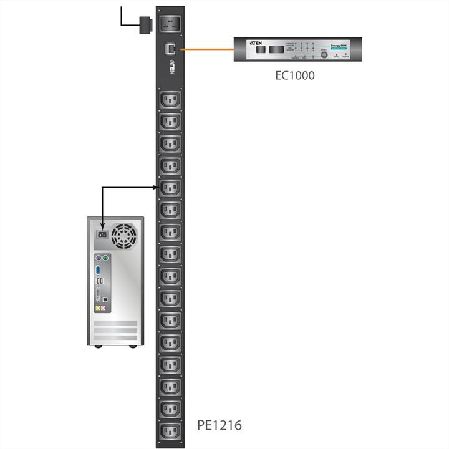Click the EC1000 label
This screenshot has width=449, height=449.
point(294,76)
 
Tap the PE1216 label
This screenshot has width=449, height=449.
point(219,426)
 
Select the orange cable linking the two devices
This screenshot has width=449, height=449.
point(206,48)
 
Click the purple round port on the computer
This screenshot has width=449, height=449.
point(98,257)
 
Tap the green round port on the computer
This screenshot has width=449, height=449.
point(106,257)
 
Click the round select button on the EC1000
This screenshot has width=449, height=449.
point(324,54)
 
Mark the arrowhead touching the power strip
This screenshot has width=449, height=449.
point(153,186)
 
